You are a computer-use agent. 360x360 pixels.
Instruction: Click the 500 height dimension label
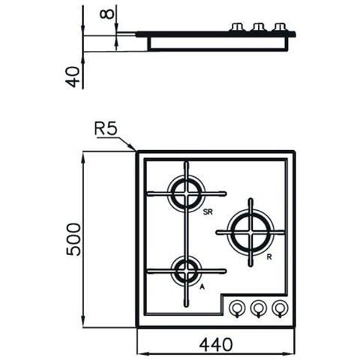(x=73, y=238)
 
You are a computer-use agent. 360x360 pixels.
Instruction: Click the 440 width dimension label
(x=216, y=343)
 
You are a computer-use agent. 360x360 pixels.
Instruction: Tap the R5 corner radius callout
(x=106, y=129)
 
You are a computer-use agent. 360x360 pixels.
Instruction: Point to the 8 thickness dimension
(x=109, y=13)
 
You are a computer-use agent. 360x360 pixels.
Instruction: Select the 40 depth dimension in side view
(x=73, y=76)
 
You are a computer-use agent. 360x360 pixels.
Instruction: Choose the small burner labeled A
(x=185, y=269)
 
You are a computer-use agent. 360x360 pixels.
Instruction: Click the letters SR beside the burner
(x=208, y=213)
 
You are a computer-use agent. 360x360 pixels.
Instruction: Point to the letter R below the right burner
(x=268, y=257)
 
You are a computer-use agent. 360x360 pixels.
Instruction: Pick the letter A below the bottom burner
(x=202, y=286)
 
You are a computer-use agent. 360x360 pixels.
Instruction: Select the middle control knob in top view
(x=259, y=307)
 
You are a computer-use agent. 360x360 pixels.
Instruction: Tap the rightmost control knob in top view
(x=279, y=307)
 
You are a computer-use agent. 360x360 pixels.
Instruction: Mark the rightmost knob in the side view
(x=280, y=27)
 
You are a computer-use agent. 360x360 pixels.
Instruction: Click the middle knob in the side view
(x=260, y=27)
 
